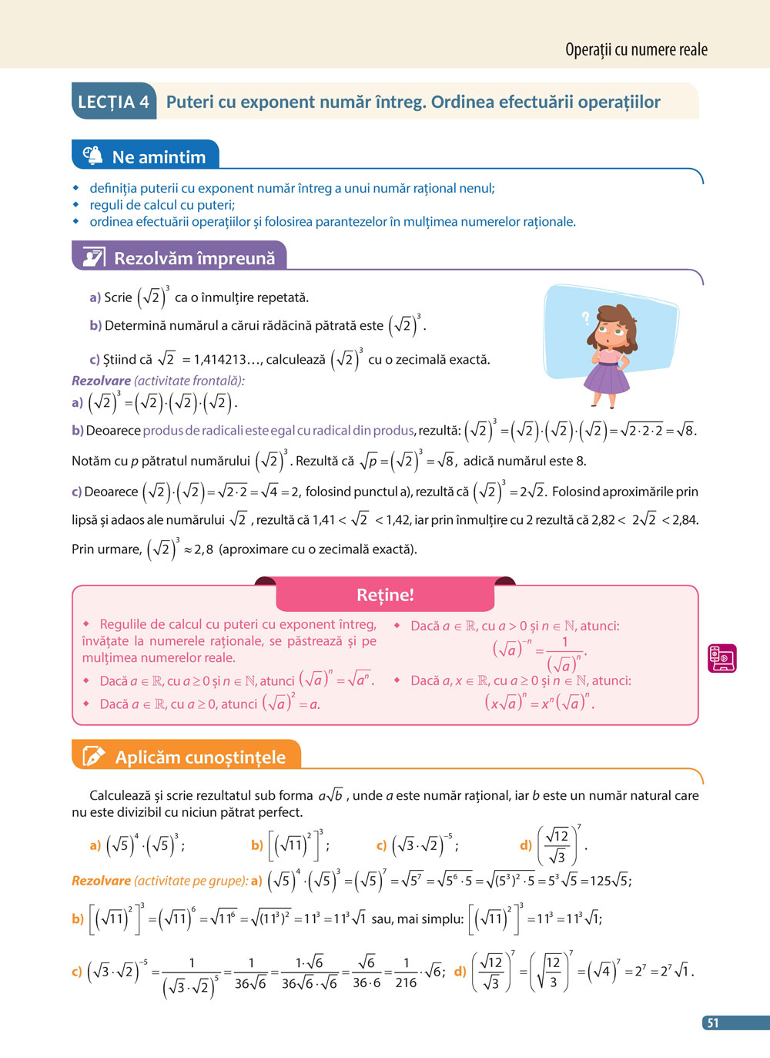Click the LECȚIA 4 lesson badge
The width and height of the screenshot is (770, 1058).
113,102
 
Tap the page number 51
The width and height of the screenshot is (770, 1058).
713,1023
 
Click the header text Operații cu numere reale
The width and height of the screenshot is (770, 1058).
636,50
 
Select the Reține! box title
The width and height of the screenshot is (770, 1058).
385,595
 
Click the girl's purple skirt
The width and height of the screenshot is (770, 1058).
608,377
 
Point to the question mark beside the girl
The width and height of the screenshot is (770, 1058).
585,317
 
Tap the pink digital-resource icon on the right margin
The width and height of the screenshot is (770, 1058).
722,658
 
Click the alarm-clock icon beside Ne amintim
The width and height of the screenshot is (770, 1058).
92,156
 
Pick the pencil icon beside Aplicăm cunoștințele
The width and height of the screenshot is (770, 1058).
93,757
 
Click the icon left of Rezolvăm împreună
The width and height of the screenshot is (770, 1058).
93,257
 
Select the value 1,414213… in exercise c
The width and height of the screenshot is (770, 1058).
227,359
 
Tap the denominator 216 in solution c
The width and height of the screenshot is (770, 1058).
406,983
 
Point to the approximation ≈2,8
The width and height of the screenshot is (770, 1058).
198,549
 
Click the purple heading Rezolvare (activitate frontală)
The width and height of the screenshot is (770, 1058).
158,381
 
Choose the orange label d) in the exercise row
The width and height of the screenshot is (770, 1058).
526,845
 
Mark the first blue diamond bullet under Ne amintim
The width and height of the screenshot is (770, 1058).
75,188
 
